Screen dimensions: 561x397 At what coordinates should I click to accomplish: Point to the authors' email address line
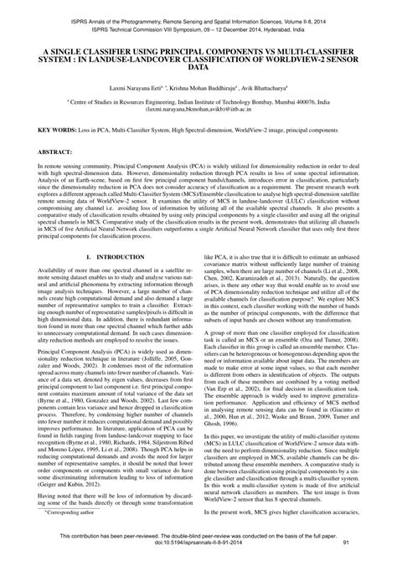click(198, 109)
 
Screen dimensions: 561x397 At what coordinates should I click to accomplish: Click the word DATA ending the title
click(198, 66)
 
